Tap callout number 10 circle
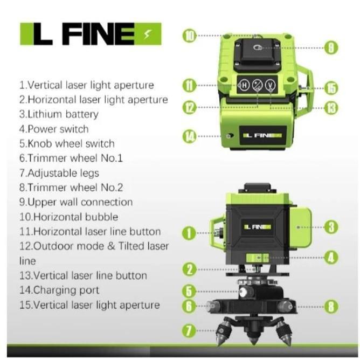190,36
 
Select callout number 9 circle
331,47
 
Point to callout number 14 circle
190,136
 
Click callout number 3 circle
332,227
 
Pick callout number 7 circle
189,330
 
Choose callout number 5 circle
189,292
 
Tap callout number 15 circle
331,87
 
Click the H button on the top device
244,85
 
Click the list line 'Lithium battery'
59,114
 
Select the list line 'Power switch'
54,129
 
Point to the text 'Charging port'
59,290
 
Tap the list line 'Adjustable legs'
59,173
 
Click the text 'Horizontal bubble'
68,217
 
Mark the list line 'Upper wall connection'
75,202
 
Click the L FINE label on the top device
263,135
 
